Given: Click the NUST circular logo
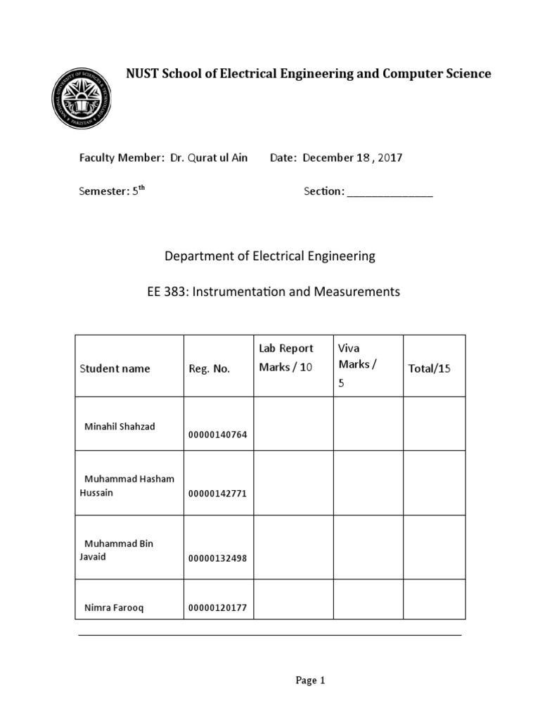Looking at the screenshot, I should (x=82, y=100).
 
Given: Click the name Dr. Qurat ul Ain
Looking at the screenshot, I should (x=209, y=157).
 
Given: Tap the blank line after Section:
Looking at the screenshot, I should (x=390, y=192).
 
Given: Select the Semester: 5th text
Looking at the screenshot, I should (x=112, y=191).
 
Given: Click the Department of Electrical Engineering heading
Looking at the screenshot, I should (x=270, y=257).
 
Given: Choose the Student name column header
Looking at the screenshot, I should (x=115, y=368).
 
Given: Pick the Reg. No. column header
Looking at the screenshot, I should (x=209, y=368).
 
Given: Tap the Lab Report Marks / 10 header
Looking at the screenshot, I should (x=286, y=357).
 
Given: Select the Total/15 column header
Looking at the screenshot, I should (x=429, y=368).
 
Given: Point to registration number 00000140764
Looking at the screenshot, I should (x=218, y=434).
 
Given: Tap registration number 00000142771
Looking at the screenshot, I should (x=218, y=493).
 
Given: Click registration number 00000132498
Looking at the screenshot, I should (x=218, y=558).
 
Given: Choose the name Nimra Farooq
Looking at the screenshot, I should (x=114, y=607).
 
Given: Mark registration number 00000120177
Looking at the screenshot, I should (x=218, y=607).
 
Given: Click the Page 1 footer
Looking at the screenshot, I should (x=311, y=680).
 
